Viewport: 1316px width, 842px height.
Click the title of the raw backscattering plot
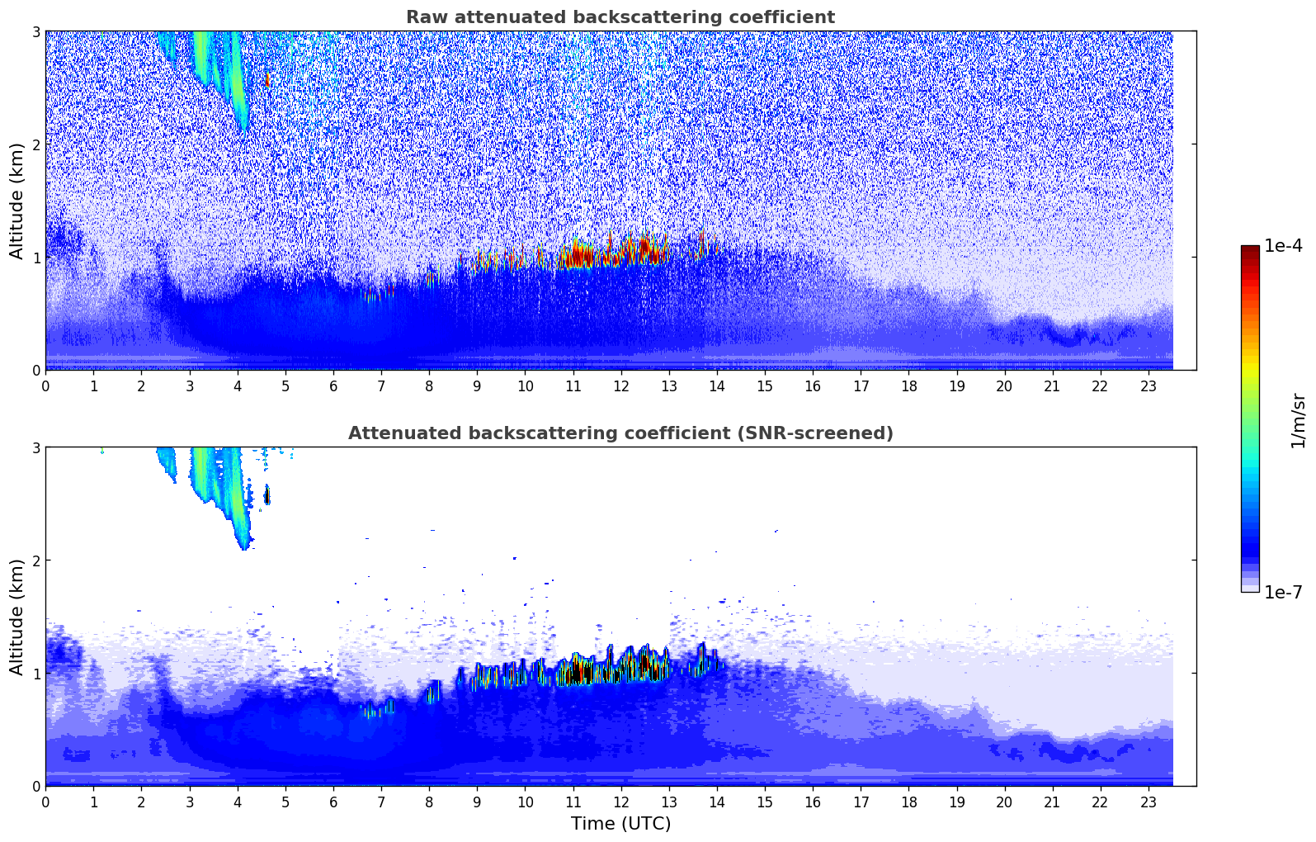(x=620, y=17)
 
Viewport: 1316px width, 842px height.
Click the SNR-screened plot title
(x=620, y=433)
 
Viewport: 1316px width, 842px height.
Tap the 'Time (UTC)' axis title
(x=620, y=824)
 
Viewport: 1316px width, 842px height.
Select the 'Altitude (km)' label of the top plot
(x=17, y=201)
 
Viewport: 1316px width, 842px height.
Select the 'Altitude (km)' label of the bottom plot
(x=17, y=617)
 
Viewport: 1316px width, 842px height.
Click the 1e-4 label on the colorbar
(x=1283, y=246)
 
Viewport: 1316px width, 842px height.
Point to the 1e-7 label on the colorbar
(x=1283, y=593)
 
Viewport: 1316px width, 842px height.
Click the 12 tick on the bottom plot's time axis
(x=620, y=802)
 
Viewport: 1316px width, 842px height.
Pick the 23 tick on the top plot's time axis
(x=1149, y=386)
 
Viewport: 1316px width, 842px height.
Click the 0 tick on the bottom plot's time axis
(x=45, y=802)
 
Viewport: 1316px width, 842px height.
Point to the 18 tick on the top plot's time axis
(x=908, y=386)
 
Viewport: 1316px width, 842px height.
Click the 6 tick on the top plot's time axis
(x=333, y=386)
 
